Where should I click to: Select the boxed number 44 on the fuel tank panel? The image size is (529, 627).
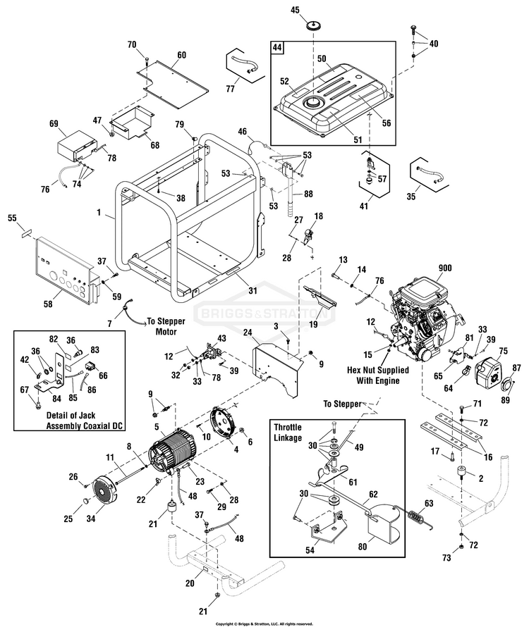tap(278, 48)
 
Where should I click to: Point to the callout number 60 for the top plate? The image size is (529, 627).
tap(181, 55)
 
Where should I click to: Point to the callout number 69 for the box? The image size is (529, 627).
tap(53, 124)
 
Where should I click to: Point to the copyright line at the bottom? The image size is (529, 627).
tap(264, 623)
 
